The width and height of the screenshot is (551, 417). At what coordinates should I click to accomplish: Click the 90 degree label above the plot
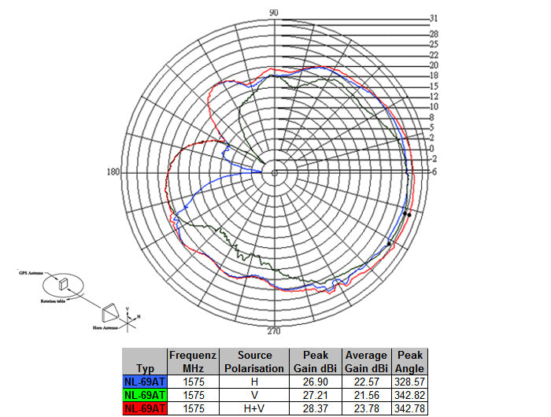[x=274, y=12]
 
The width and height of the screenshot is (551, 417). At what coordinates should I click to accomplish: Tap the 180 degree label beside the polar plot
[x=113, y=172]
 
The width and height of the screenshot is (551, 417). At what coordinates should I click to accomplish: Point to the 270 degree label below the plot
[x=274, y=330]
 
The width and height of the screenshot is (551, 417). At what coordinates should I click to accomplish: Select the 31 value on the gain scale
[x=434, y=17]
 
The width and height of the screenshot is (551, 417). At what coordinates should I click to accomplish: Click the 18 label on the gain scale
[x=434, y=76]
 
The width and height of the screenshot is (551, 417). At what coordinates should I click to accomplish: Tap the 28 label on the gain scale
[x=434, y=34]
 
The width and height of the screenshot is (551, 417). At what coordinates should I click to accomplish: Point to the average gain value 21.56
[x=366, y=394]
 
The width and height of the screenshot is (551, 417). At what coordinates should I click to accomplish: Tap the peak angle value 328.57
[x=410, y=382]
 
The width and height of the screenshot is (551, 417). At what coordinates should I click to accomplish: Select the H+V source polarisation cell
[x=254, y=408]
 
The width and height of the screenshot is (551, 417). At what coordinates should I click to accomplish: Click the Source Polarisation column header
[x=254, y=362]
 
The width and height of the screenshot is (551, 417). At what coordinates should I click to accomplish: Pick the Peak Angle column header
[x=410, y=362]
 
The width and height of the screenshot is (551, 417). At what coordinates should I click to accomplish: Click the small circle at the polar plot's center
[x=274, y=172]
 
